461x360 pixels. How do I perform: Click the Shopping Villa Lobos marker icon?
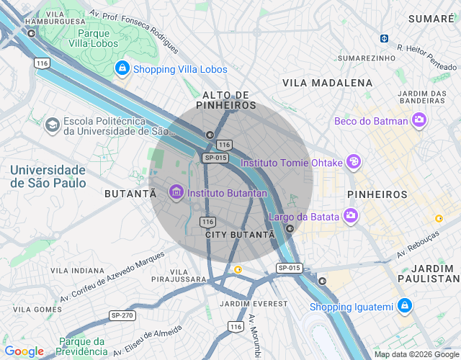point(122,68)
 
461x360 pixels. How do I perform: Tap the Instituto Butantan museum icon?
point(176,192)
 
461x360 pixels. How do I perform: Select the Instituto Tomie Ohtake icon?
point(353,162)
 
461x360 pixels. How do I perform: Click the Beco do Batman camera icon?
point(419,120)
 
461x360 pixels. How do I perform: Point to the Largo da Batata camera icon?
point(351,215)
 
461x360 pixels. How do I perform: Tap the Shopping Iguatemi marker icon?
point(405,306)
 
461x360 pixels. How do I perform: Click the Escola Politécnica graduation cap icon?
point(52,125)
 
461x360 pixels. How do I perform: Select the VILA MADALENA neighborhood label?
point(328,83)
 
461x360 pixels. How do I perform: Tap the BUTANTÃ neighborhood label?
point(130,194)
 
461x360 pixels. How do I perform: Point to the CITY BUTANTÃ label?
point(240,235)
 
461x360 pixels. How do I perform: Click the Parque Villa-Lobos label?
point(103,38)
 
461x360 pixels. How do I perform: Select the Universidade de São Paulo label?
point(48,176)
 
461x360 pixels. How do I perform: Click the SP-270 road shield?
point(122,315)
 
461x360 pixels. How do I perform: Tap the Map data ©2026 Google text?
point(416,354)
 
